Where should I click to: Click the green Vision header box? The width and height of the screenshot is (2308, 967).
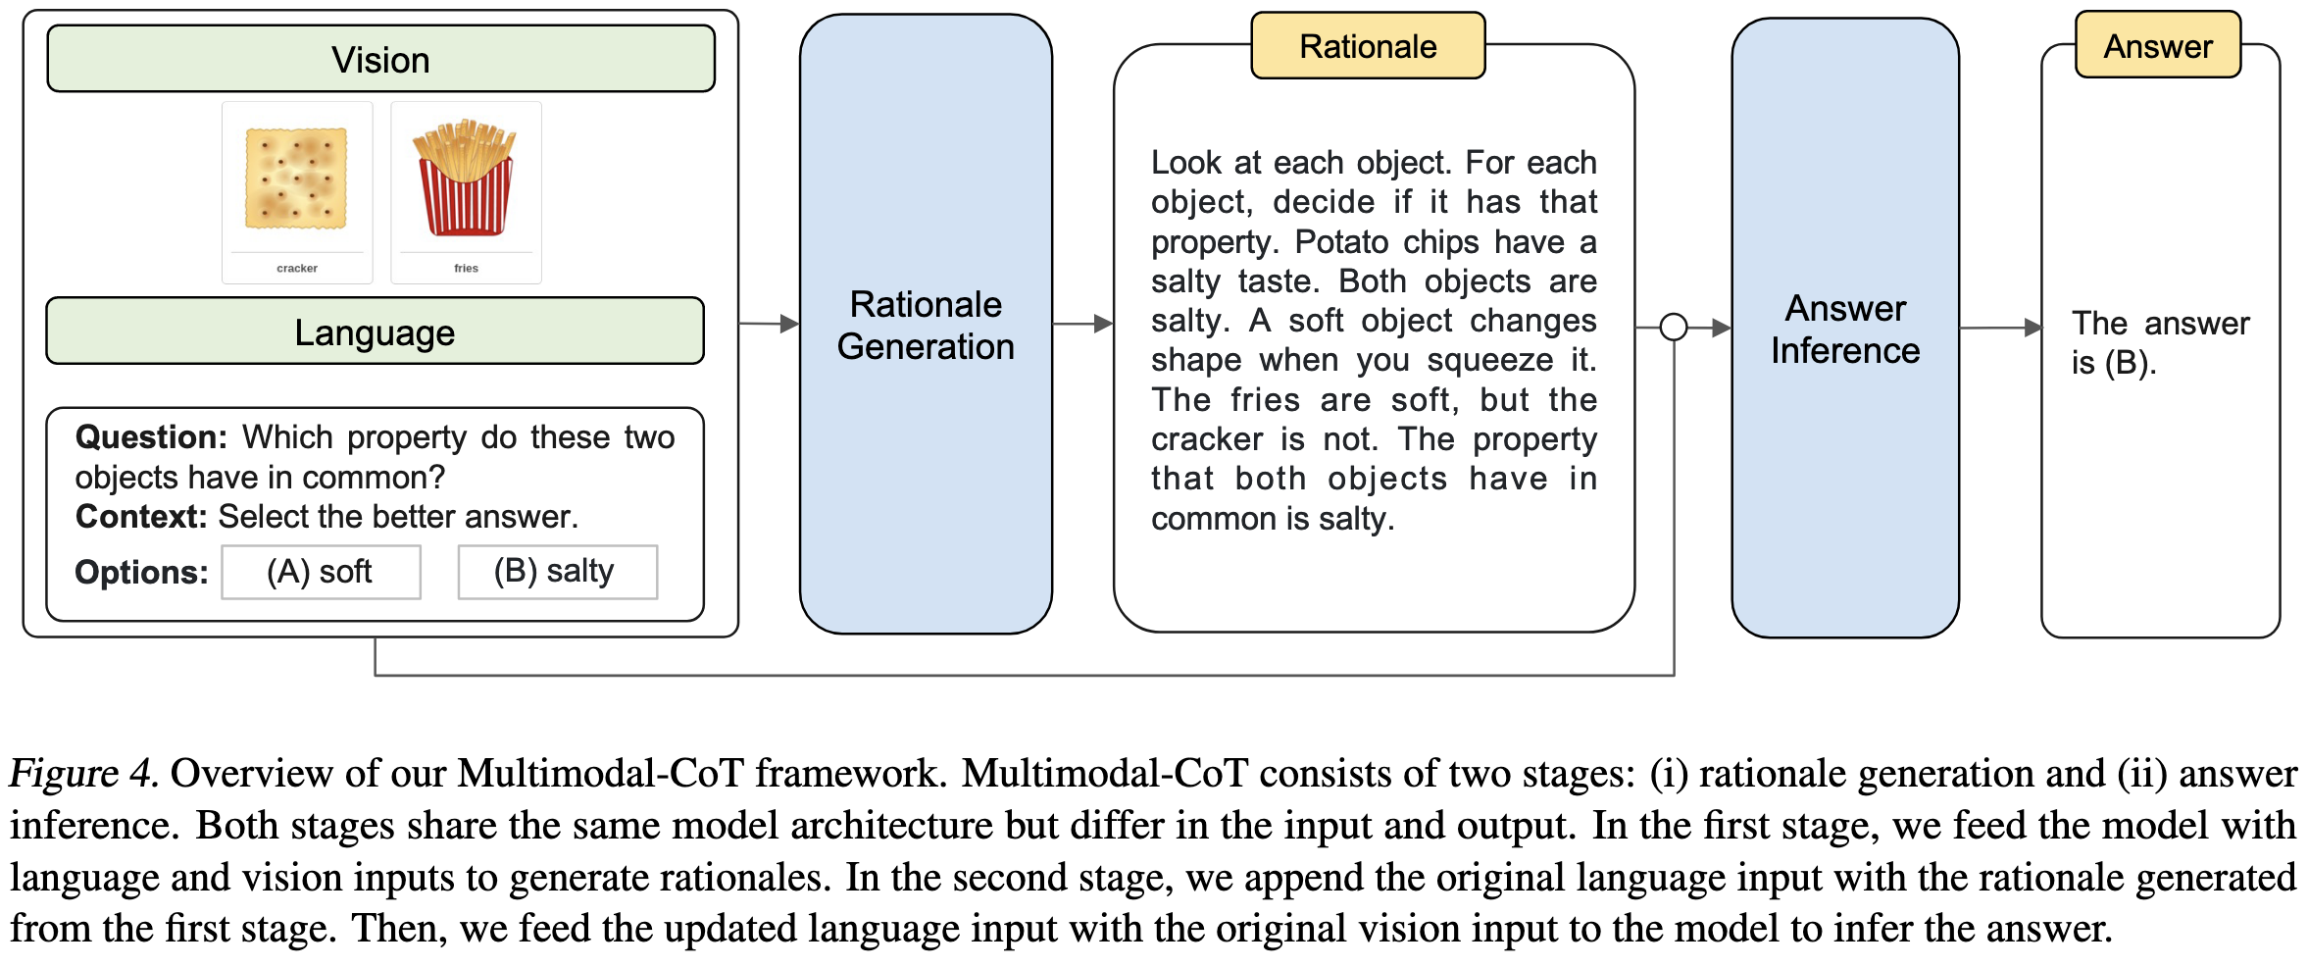point(380,60)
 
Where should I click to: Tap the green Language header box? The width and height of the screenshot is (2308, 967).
point(375,332)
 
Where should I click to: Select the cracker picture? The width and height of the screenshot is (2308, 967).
point(296,178)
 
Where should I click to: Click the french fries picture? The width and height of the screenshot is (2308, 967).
point(466,178)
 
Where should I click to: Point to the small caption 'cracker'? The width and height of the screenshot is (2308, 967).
point(297,268)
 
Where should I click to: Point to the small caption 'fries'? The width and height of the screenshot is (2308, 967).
point(466,268)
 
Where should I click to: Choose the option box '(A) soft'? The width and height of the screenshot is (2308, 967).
point(321,572)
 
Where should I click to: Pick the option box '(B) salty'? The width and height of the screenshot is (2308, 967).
point(557,572)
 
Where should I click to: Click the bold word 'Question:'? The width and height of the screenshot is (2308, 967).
point(151,437)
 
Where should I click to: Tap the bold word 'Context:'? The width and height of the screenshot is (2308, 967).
point(140,517)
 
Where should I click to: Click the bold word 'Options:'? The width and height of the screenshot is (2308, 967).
point(141,573)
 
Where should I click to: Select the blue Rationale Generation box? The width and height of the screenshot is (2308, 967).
point(926,325)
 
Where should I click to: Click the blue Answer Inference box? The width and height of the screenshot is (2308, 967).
point(1844,329)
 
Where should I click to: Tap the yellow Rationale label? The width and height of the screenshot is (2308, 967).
point(1368,46)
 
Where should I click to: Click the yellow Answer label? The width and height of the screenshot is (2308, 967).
point(2157,46)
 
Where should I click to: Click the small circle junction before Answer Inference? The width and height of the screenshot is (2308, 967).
point(1674,327)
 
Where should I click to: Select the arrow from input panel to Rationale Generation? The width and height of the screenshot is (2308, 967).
point(769,323)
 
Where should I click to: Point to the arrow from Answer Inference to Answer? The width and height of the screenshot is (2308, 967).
point(2000,328)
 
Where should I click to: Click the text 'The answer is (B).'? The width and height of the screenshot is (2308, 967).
point(2159,343)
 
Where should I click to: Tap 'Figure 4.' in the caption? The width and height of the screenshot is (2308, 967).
point(82,774)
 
